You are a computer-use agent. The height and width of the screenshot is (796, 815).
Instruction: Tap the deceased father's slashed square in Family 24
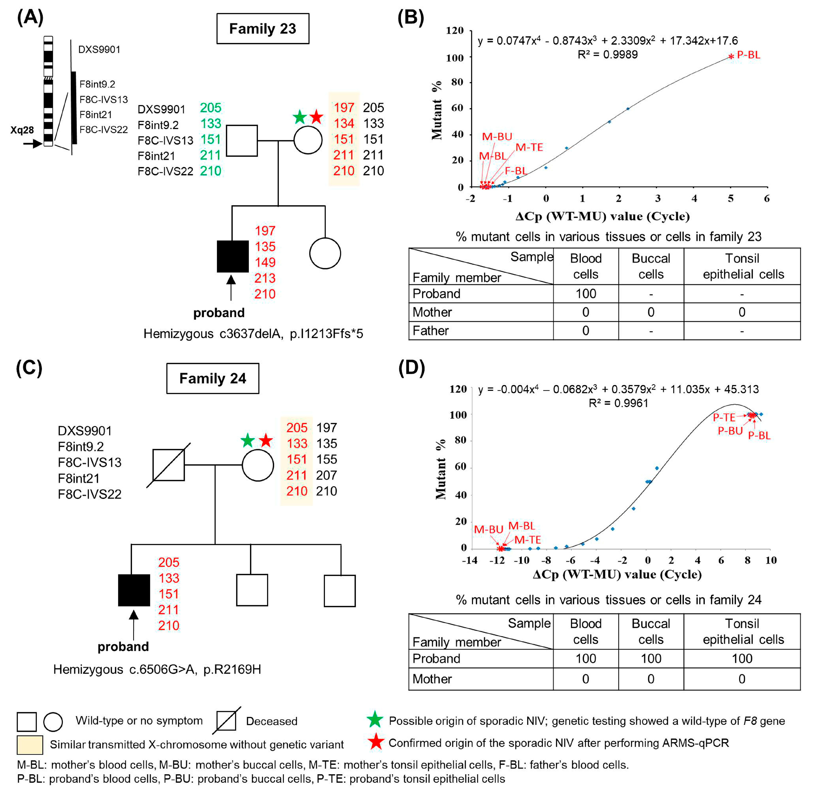[168, 465]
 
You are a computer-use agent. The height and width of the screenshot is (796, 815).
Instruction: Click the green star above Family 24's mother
[248, 441]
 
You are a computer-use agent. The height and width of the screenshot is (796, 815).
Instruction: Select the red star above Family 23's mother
[316, 117]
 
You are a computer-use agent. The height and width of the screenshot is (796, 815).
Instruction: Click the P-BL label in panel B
[748, 55]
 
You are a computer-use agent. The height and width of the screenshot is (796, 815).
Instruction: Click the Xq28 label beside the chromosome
[22, 130]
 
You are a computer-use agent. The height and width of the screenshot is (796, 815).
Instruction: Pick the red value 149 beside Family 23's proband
[265, 262]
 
